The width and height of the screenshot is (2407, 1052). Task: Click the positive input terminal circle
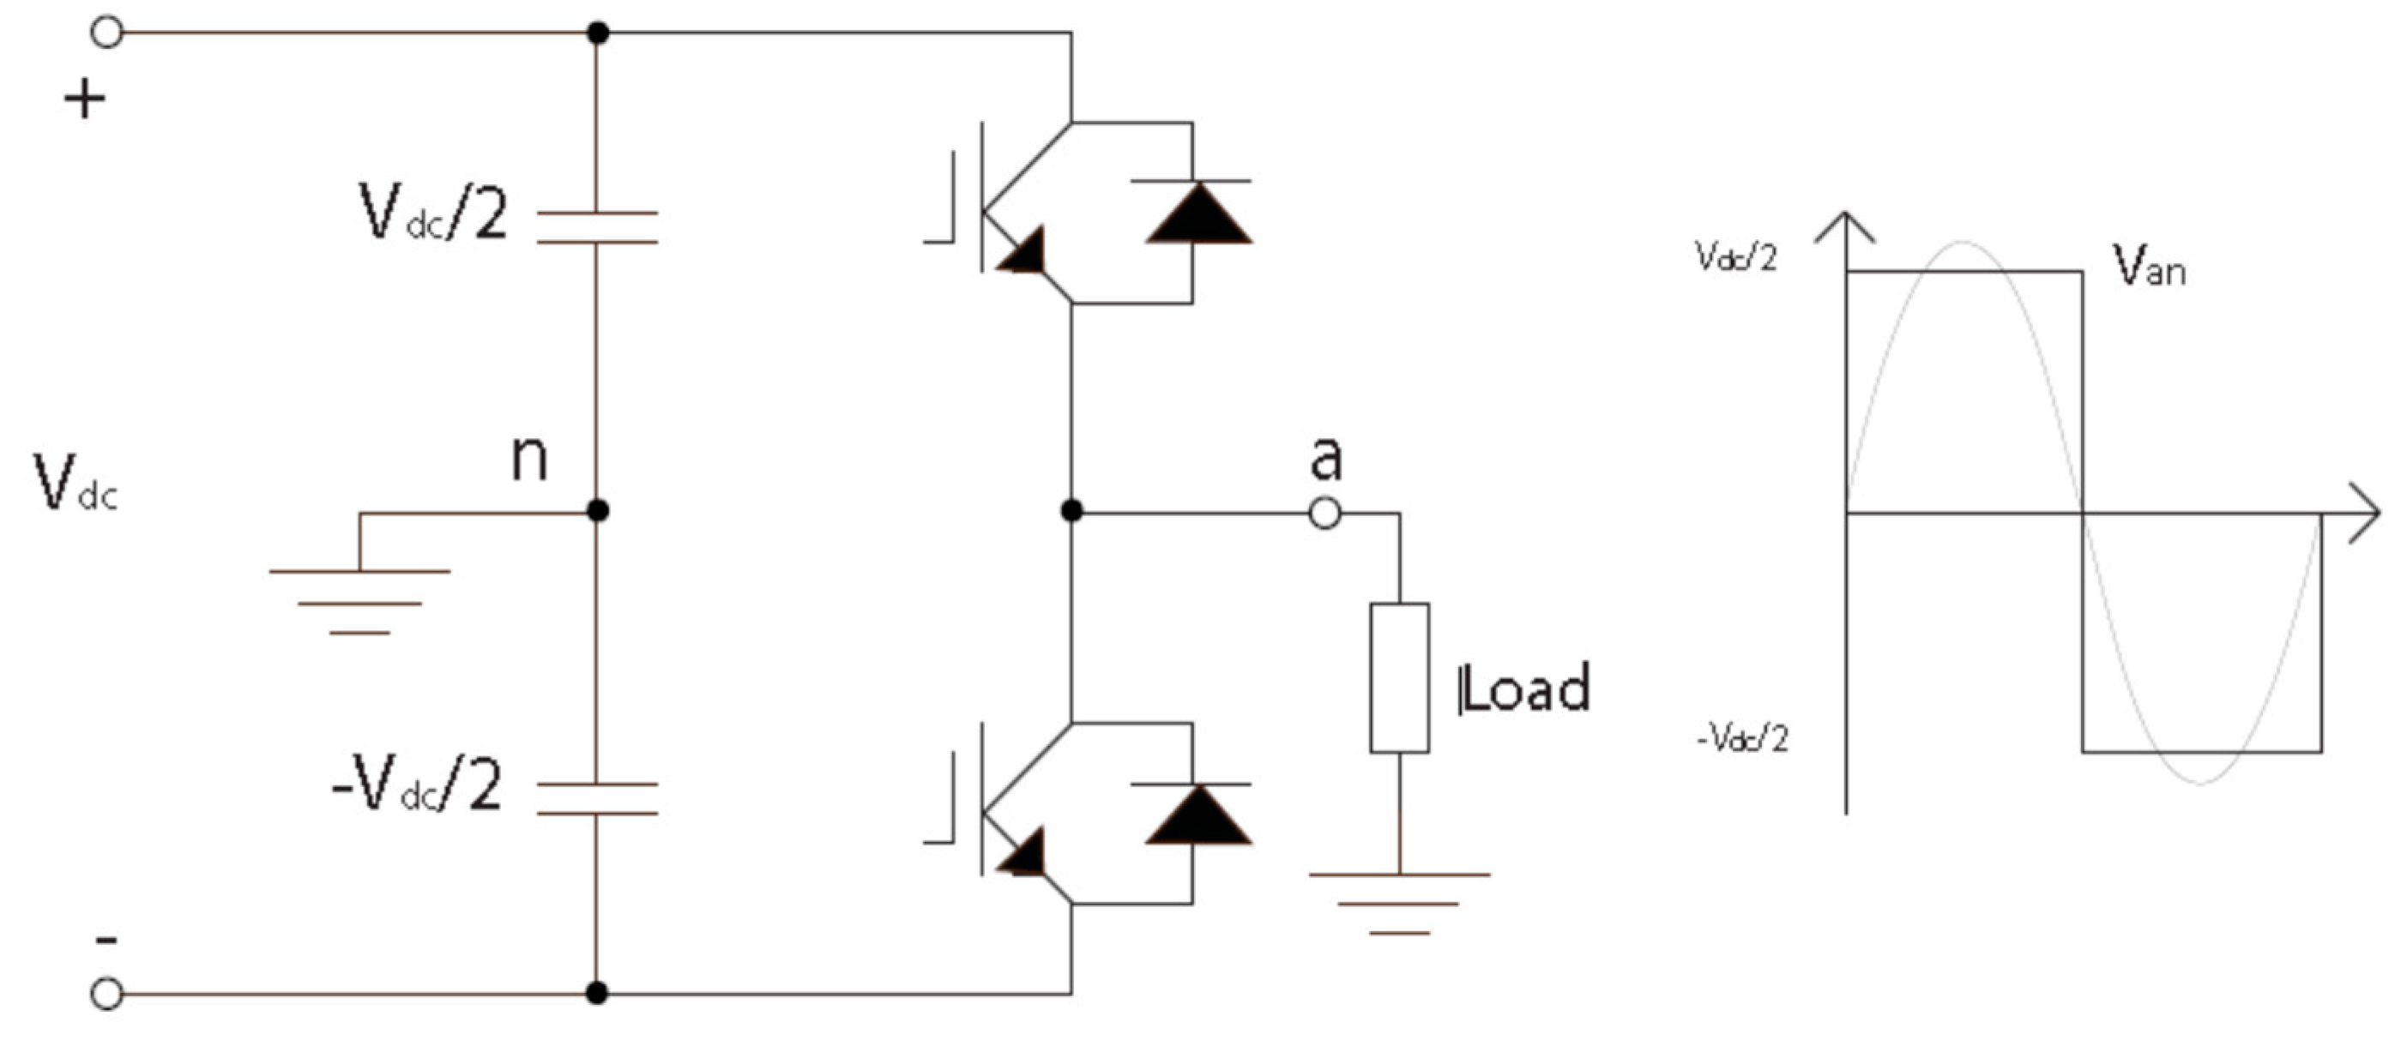[106, 33]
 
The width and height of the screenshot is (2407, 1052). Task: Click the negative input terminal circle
[106, 993]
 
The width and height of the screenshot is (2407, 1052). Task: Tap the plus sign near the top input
[85, 98]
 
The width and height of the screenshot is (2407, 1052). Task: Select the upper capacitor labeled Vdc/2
[597, 228]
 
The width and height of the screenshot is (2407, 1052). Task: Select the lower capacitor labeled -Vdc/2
[597, 799]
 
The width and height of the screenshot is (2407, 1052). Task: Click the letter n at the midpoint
[529, 458]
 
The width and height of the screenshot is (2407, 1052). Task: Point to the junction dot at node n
[598, 511]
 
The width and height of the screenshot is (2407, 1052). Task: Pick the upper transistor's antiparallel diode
[1199, 212]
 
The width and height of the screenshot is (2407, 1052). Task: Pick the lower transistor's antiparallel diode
[1199, 815]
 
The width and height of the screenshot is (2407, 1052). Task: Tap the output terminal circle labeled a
[1325, 513]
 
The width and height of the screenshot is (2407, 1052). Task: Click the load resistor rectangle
[1399, 677]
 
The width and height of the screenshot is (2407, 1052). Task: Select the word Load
[1525, 688]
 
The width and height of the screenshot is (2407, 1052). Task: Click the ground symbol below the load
[1399, 903]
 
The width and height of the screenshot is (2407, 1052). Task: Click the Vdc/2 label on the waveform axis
[1736, 257]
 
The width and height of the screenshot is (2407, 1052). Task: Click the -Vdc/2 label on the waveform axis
[1741, 739]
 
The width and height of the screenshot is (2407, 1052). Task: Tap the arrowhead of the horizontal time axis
[2366, 513]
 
